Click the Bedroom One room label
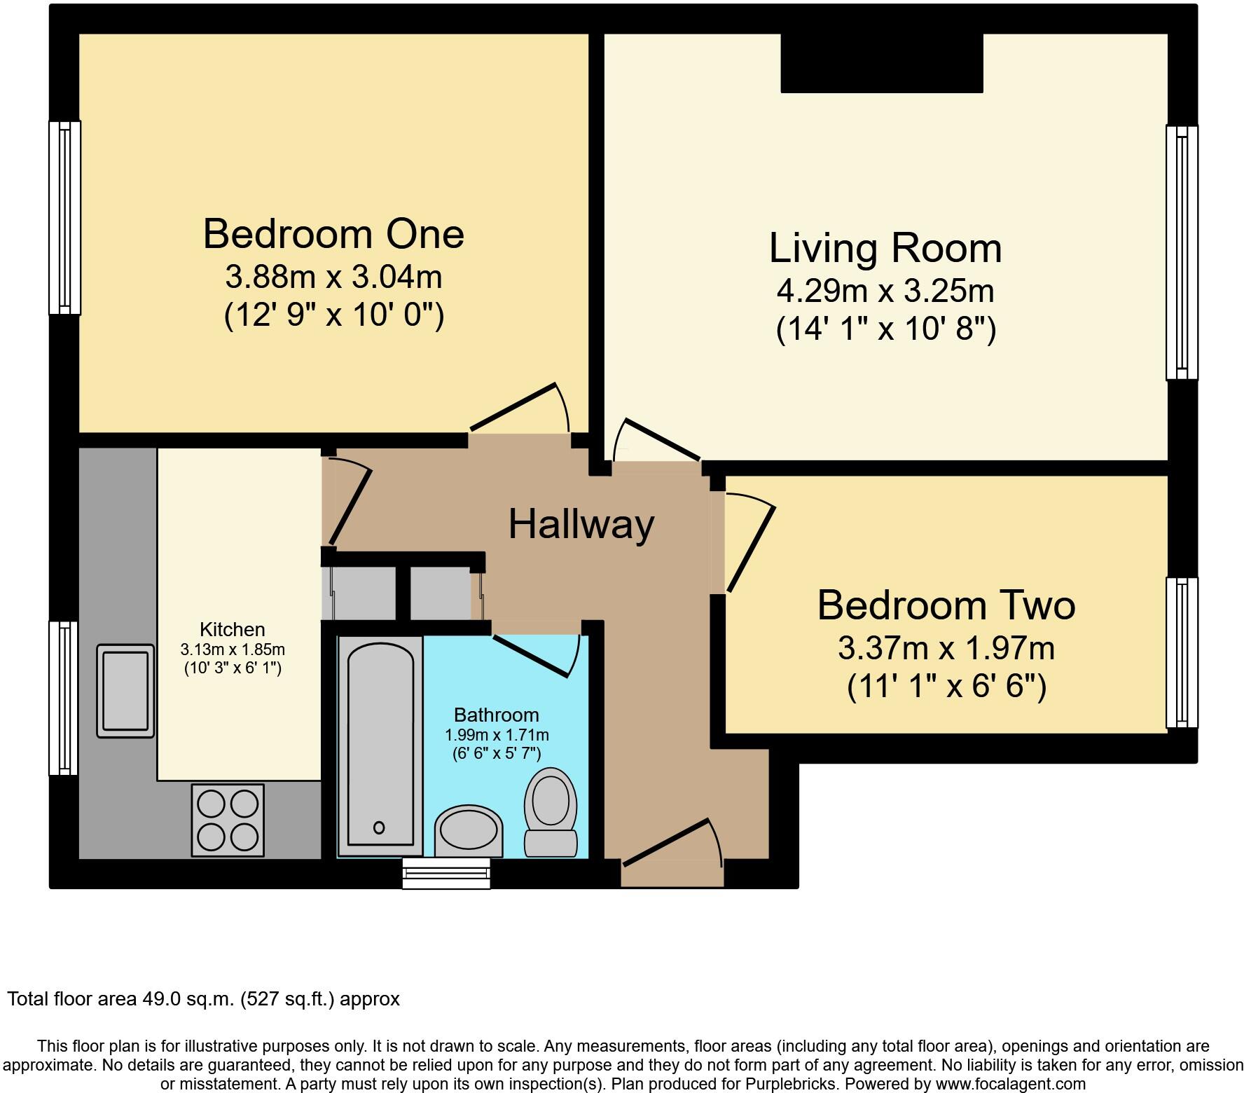333,234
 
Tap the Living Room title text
885,248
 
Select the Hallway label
581,524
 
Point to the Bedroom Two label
946,605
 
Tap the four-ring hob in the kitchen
228,820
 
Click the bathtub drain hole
379,827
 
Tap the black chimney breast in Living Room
881,63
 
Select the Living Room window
1182,252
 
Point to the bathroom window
446,874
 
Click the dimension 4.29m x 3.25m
885,291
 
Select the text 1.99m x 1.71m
497,735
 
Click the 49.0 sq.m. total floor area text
203,999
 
